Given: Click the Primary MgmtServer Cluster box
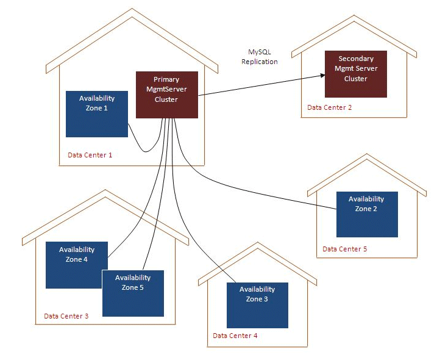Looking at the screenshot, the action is tap(167, 95).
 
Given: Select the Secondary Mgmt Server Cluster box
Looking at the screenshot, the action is tap(356, 74).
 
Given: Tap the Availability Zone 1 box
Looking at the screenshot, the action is tap(97, 114).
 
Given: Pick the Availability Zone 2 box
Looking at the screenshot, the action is tap(367, 214).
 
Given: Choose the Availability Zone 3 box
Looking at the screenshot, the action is tap(257, 305).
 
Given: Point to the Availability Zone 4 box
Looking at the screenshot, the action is tap(77, 265).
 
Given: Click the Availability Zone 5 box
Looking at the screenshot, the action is tap(133, 293).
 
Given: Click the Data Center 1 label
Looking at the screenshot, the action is tap(90, 155).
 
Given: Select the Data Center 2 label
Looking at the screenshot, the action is tap(329, 107).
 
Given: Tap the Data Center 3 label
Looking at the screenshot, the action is tap(66, 316).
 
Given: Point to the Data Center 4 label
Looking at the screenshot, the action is tap(235, 336).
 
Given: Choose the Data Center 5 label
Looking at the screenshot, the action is tap(345, 249).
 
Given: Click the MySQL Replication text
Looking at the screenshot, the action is tap(260, 57).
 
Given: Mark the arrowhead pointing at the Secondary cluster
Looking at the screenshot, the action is tap(323, 75).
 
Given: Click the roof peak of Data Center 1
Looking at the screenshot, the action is tap(132, 9).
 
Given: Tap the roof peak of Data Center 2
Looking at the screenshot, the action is tap(354, 16).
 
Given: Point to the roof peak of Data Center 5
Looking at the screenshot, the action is tap(367, 154).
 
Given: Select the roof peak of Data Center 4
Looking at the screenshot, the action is tap(258, 242).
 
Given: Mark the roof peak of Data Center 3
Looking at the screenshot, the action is tap(105, 190).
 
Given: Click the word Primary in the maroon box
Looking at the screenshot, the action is tap(166, 79).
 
